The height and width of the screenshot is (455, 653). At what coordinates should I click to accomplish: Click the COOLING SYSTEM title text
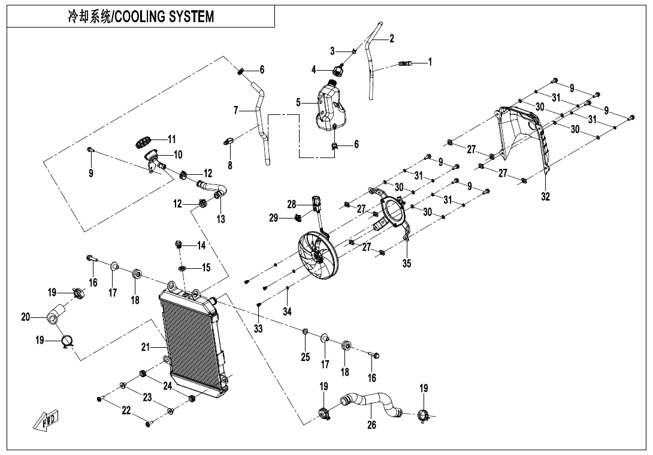click(141, 17)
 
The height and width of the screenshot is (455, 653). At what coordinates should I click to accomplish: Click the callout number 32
click(545, 196)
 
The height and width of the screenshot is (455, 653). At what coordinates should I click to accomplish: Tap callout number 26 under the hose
click(371, 425)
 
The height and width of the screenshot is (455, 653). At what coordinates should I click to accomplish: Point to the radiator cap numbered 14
click(179, 245)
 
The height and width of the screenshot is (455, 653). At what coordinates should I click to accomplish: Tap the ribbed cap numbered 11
click(142, 144)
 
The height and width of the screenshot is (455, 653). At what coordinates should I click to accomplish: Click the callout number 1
click(430, 62)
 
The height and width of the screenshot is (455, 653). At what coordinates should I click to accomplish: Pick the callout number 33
click(258, 328)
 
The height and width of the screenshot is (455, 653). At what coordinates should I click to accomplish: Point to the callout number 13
click(221, 219)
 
